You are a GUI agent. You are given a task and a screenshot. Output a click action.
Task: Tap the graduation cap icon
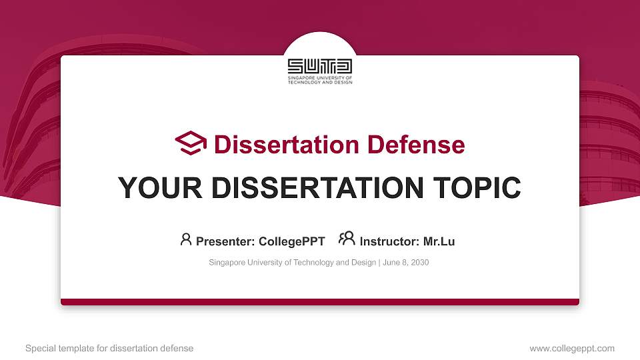[x=191, y=143]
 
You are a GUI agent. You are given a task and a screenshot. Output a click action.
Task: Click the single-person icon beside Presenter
[x=186, y=239]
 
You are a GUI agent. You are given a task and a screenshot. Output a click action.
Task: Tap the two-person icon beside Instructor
[x=347, y=239]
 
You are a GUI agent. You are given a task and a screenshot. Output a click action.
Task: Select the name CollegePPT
[x=291, y=241]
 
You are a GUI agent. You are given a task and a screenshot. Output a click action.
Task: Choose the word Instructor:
[x=389, y=241]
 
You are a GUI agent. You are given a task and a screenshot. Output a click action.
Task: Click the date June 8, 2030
[x=405, y=263]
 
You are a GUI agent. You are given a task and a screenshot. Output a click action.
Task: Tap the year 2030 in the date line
[x=419, y=263]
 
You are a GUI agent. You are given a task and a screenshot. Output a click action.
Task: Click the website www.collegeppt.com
[x=572, y=348]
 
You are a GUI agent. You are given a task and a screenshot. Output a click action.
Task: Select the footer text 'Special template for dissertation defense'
[x=109, y=348]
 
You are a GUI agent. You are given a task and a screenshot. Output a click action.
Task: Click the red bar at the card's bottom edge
[x=320, y=302]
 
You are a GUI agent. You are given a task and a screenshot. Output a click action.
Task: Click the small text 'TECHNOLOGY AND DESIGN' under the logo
[x=320, y=82]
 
